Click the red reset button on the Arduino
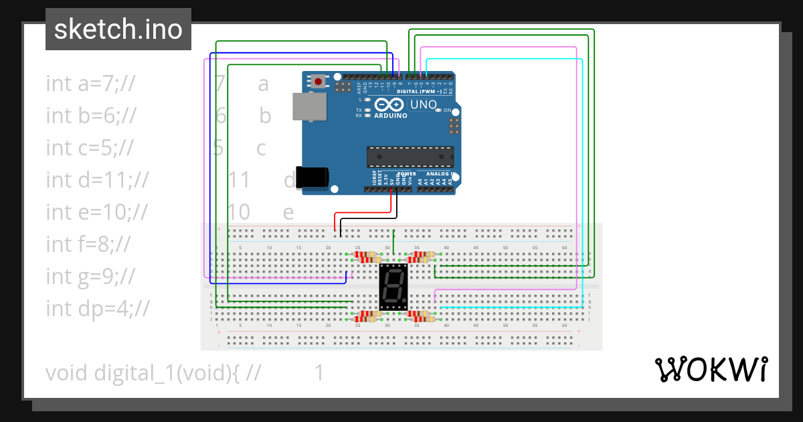(318, 82)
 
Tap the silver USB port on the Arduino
(310, 107)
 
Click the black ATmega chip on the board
(410, 157)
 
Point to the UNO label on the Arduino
(423, 105)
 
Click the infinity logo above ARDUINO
(390, 105)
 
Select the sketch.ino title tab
(118, 29)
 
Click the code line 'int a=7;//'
(91, 84)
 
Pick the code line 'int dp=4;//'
(98, 308)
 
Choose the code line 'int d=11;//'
(97, 180)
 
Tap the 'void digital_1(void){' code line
(143, 372)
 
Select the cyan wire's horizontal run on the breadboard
(509, 307)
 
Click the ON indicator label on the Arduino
(447, 110)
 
